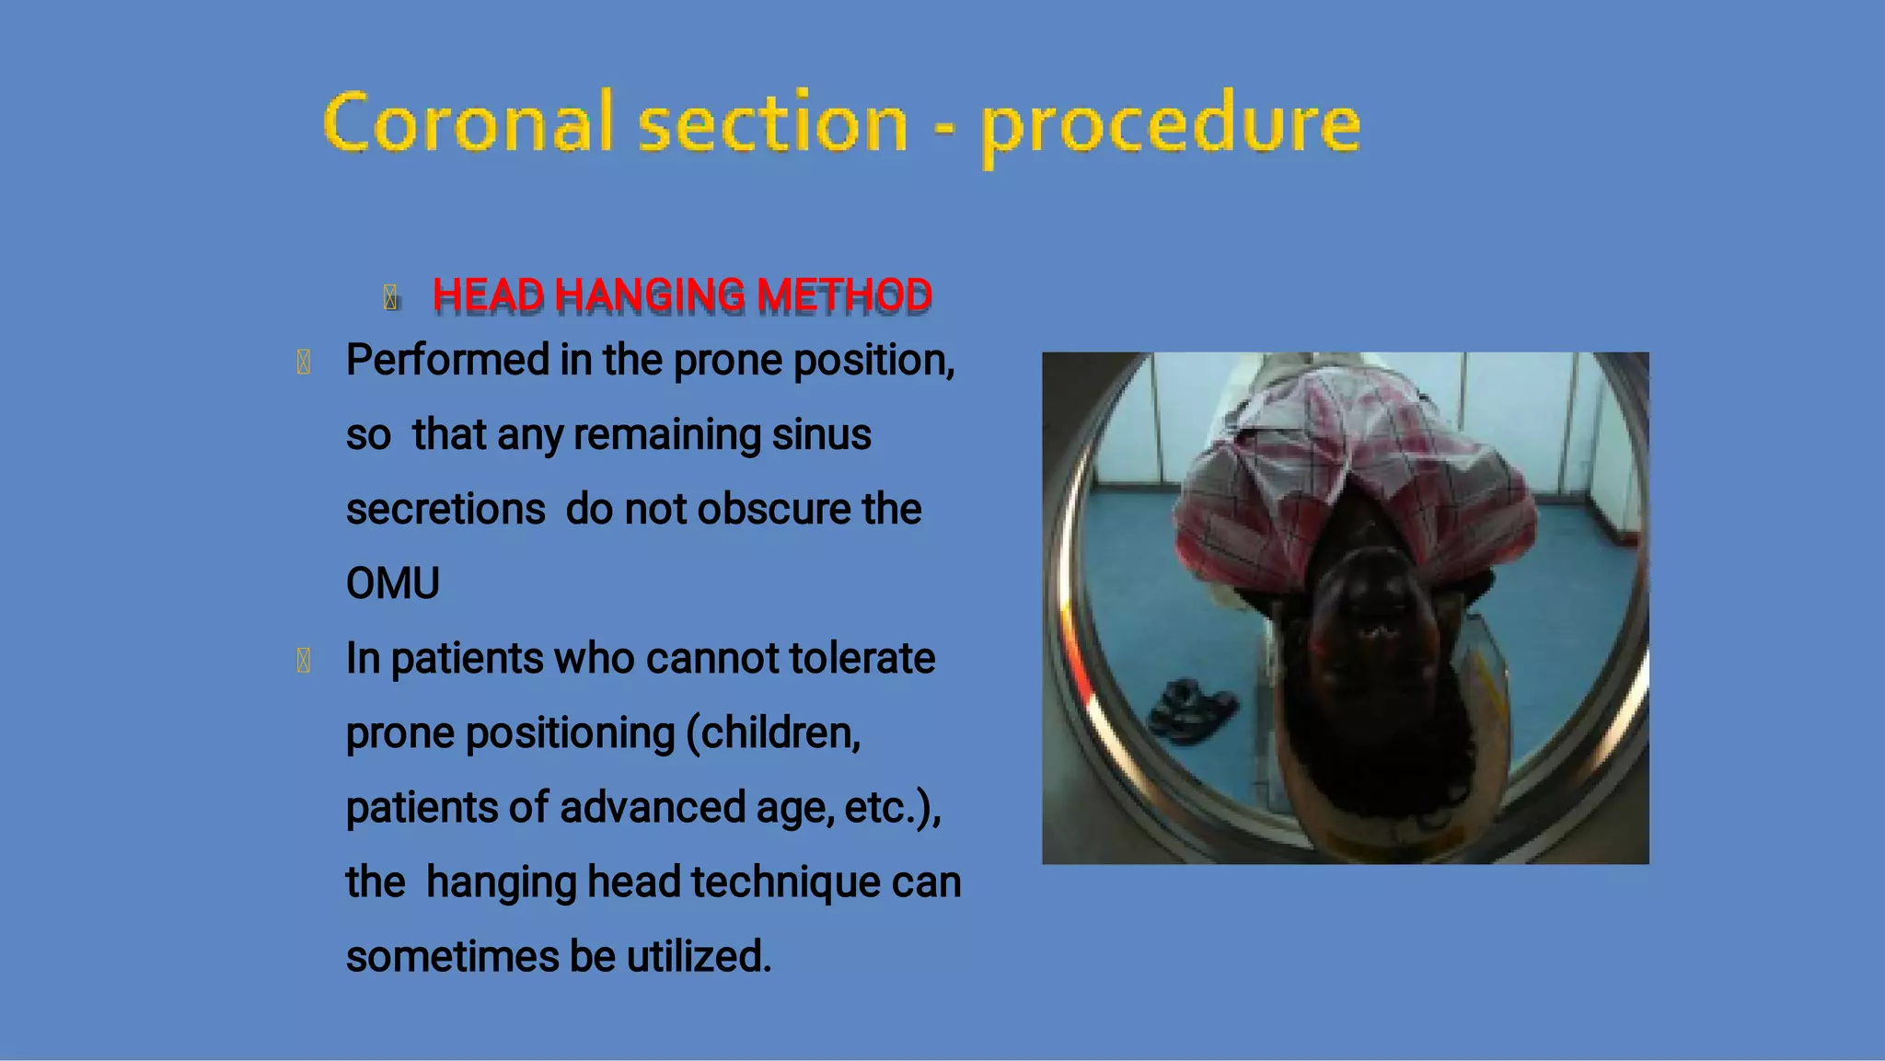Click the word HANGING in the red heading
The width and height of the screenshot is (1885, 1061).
tap(649, 296)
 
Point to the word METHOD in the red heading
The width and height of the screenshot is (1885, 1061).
tap(844, 296)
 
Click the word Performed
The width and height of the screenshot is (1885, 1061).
tap(447, 361)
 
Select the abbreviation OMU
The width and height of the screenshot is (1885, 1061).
tap(393, 584)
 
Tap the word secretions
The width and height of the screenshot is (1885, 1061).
tap(445, 510)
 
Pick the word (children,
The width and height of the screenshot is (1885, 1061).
tap(773, 733)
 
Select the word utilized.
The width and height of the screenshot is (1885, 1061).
tap(699, 957)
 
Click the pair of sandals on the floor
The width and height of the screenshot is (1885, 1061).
tap(1192, 709)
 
